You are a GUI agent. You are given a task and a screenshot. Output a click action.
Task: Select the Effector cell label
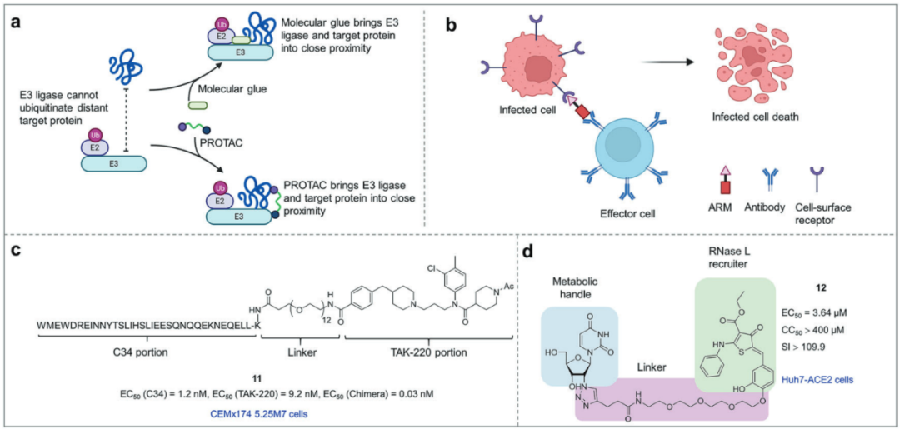point(624,213)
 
